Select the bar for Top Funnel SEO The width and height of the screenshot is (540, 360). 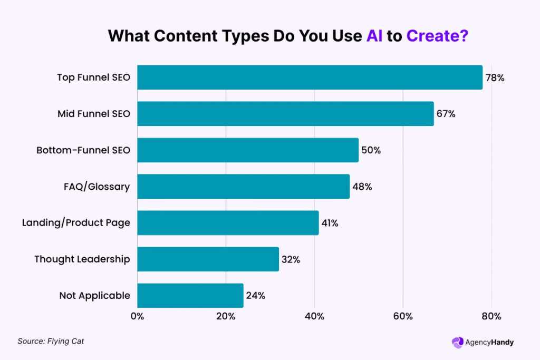[310, 77]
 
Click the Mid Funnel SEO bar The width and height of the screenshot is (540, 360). [285, 114]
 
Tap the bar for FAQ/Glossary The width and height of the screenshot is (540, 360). [243, 187]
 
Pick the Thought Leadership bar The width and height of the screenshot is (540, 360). [208, 259]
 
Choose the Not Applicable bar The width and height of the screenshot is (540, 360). [190, 295]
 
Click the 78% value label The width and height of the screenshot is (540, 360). [495, 78]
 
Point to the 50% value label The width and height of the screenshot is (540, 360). [371, 150]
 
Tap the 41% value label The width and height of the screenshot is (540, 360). [329, 223]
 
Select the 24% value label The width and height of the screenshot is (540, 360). [255, 295]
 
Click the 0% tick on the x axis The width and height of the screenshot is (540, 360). [137, 317]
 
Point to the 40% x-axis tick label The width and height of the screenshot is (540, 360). [314, 317]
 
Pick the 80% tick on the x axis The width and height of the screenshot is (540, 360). [491, 317]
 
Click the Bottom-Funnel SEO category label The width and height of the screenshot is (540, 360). [83, 150]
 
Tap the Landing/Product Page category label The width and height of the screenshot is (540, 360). [76, 223]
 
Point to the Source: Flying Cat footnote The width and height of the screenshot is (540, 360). [51, 341]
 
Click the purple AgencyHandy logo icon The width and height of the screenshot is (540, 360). [457, 342]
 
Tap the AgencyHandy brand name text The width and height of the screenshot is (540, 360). [489, 342]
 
